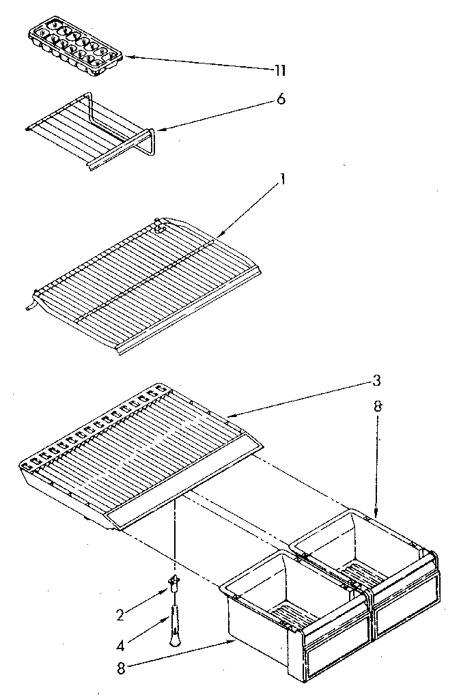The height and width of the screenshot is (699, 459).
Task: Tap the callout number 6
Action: click(281, 100)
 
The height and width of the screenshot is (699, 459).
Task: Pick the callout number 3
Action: click(376, 380)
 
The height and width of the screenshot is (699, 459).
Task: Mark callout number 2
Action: click(121, 614)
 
